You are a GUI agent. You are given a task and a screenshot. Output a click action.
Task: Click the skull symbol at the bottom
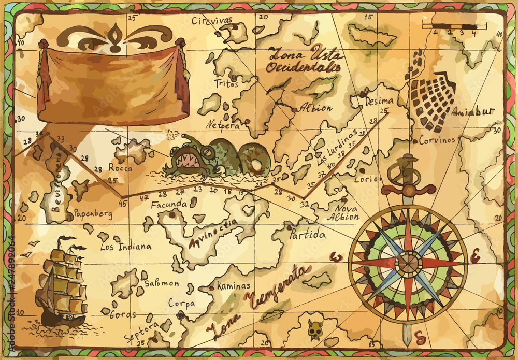tap(313, 329)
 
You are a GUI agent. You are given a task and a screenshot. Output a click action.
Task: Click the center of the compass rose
tap(409, 263)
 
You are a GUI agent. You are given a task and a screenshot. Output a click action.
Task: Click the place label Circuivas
tap(212, 21)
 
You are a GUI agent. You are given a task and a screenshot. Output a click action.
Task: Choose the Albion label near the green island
tap(315, 108)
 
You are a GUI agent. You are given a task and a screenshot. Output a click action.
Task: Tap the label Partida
tap(308, 235)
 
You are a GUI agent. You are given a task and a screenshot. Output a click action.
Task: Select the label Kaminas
tap(233, 285)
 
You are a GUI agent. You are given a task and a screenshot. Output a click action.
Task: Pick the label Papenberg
tap(93, 213)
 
